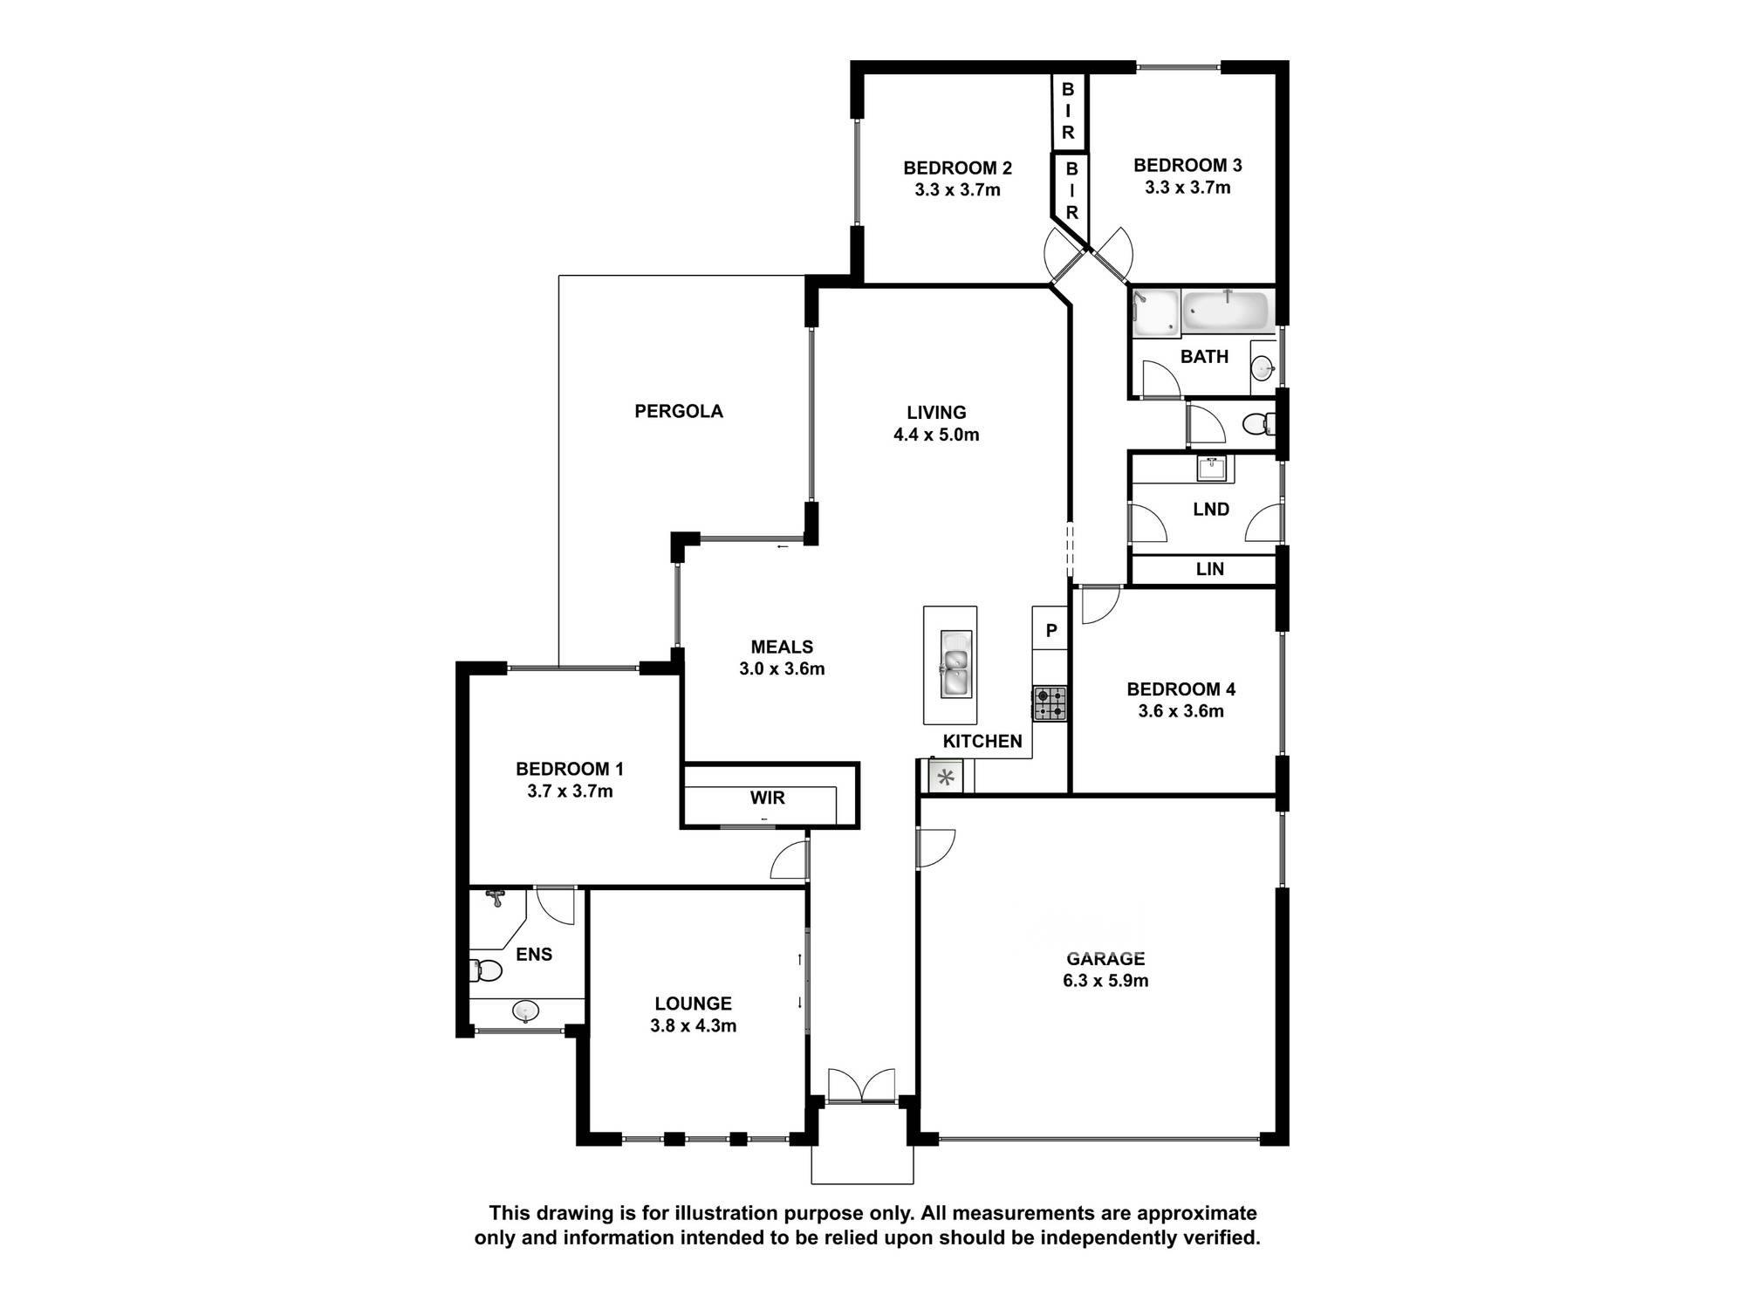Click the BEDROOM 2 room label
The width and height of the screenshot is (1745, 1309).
coord(957,168)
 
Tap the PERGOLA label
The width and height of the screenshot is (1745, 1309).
coord(679,411)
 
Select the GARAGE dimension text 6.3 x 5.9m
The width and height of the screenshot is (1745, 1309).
coord(1105,981)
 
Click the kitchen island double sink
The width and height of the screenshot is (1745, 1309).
coord(956,664)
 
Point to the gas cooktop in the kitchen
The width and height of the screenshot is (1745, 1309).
coord(1050,703)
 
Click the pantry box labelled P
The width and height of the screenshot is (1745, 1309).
coord(1050,628)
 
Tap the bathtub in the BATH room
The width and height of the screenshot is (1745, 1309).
coord(1228,312)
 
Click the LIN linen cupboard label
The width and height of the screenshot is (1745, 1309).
coord(1209,569)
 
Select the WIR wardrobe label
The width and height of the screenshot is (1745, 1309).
coord(768,798)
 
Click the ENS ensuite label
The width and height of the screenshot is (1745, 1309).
coord(534,955)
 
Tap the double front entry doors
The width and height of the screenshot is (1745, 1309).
coord(861,1086)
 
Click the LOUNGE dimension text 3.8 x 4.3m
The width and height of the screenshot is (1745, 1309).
coord(694,1026)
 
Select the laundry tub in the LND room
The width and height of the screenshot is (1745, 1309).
coord(1213,469)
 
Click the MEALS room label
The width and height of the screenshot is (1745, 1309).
coord(782,647)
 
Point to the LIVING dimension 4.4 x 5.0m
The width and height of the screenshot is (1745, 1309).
coord(936,435)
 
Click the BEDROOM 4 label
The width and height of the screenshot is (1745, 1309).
coord(1181,689)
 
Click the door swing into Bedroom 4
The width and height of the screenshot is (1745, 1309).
coord(1100,606)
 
